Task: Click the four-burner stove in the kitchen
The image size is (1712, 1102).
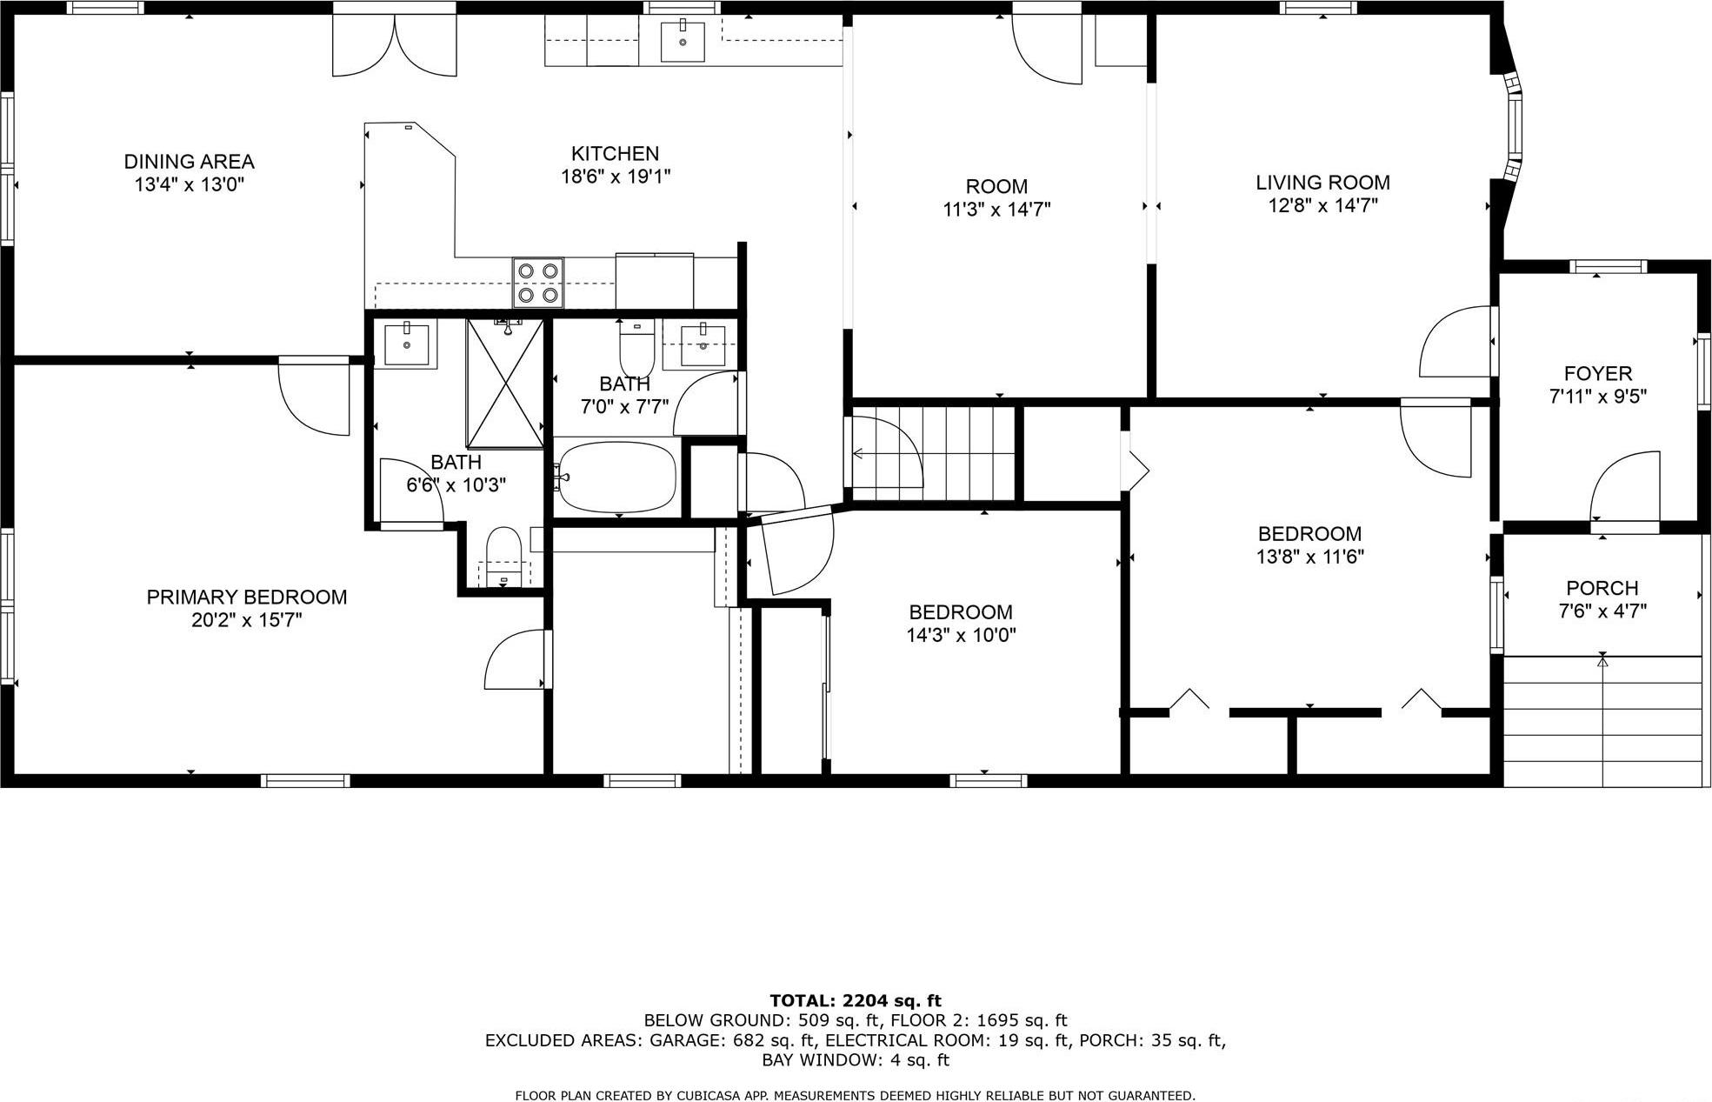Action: tap(537, 283)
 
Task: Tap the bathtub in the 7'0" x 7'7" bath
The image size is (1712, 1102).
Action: tap(616, 478)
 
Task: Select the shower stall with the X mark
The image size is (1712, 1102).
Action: tap(505, 384)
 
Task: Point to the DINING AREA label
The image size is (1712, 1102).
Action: tap(189, 162)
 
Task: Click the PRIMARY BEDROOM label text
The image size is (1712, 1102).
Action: tap(246, 598)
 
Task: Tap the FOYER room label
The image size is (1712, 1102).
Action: tap(1597, 374)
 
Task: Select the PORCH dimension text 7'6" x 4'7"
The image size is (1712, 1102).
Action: tap(1602, 611)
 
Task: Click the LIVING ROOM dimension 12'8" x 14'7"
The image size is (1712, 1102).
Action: tap(1322, 206)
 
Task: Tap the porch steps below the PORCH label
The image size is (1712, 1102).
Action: tap(1602, 721)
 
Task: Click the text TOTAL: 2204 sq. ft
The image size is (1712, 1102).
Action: tap(855, 1000)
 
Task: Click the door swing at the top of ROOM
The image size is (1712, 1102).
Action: tap(1046, 50)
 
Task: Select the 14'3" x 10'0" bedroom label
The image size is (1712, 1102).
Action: tap(960, 624)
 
